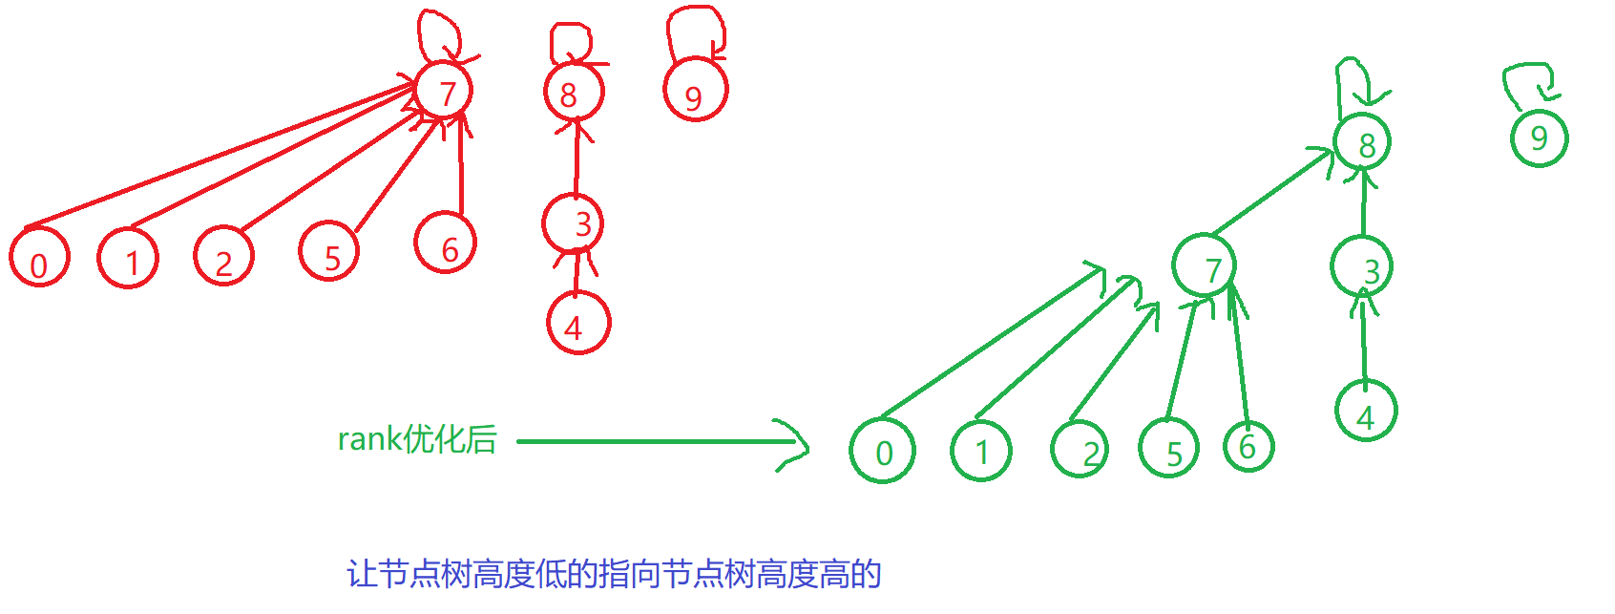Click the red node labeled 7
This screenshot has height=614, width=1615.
coord(444,92)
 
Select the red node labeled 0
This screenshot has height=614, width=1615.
coord(39,258)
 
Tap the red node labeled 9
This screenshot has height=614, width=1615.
coord(695,93)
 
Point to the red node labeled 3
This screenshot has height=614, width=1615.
coord(574,223)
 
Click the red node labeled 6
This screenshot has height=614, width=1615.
coord(445,243)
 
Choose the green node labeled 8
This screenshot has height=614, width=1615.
coord(1362,142)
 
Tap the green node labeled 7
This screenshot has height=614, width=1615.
coord(1205,266)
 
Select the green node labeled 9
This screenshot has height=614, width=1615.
coord(1539,138)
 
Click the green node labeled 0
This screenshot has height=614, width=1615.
coord(883,451)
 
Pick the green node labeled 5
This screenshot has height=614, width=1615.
coord(1169,450)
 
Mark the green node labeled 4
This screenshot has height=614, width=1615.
coord(1366,413)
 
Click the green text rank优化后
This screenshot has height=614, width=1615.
coord(417,439)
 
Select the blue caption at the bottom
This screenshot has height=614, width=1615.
coord(613,574)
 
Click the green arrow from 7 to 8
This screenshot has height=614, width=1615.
coord(1271,192)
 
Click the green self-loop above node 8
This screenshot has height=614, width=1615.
coord(1353,81)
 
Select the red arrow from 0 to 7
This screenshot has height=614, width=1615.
coord(220,156)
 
